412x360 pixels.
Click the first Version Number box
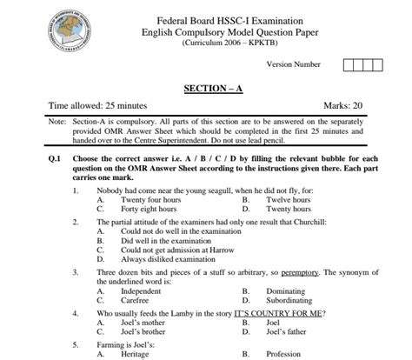349,64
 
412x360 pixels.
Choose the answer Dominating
289,292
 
